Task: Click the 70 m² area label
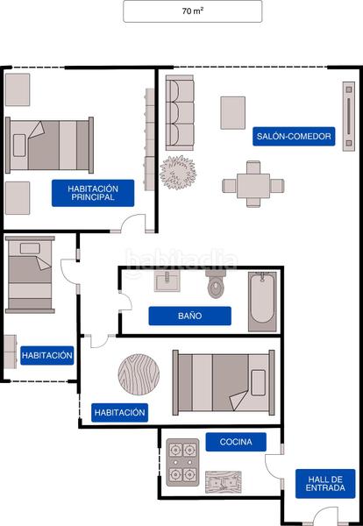click(x=193, y=11)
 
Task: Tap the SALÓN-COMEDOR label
click(x=294, y=136)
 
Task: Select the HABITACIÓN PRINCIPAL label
click(x=93, y=193)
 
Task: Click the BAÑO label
click(x=190, y=316)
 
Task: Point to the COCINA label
click(x=236, y=442)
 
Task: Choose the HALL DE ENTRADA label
click(x=325, y=483)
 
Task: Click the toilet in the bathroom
click(x=217, y=284)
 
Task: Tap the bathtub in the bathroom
click(x=262, y=302)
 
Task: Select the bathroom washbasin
click(x=167, y=281)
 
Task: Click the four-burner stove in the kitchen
click(x=182, y=462)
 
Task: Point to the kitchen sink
click(x=223, y=482)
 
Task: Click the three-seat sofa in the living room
click(x=180, y=113)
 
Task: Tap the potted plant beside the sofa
click(x=178, y=173)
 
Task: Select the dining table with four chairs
click(x=253, y=185)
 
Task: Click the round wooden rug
click(x=139, y=374)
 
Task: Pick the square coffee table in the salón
click(x=233, y=113)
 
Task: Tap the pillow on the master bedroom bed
click(x=19, y=146)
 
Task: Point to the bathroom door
click(x=126, y=302)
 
